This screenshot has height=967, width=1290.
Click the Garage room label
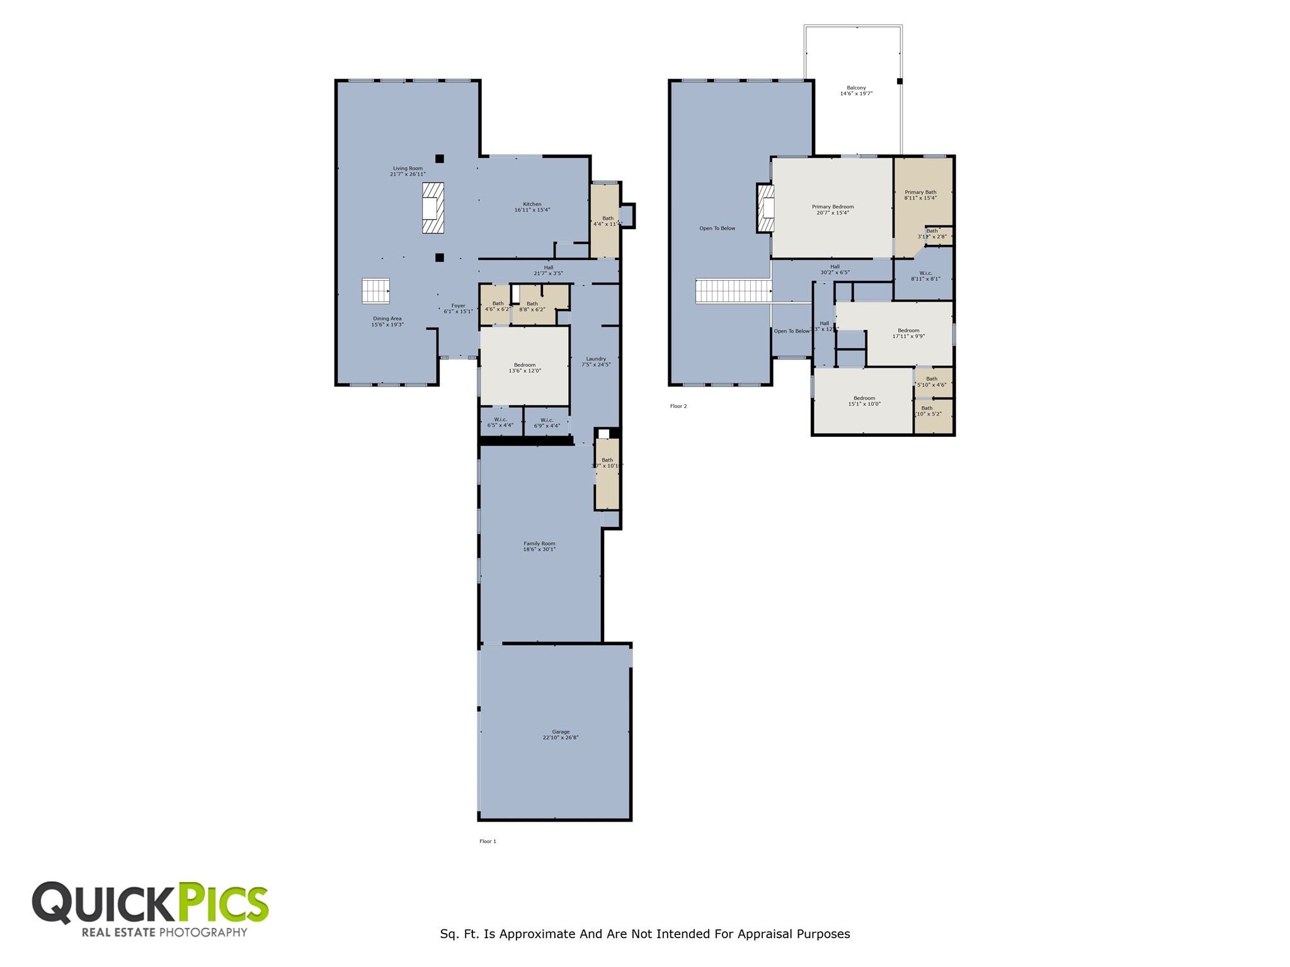coord(561,735)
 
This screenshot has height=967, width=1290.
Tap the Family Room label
coord(539,546)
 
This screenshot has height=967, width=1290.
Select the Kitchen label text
coord(532,207)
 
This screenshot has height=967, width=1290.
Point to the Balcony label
coord(856,91)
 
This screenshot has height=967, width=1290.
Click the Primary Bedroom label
coord(833,210)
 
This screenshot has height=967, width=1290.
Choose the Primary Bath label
coord(920,195)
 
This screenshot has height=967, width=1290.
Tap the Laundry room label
coord(596,361)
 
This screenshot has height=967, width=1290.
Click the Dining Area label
coord(387,321)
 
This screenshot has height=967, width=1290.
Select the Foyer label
coord(458,308)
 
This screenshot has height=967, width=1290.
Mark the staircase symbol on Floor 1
coord(375,291)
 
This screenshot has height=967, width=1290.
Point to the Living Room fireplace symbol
coord(433,208)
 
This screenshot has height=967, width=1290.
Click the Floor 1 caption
coord(488,841)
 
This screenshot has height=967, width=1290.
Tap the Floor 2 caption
coord(678,406)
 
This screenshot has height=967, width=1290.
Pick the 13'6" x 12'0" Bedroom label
coord(525,368)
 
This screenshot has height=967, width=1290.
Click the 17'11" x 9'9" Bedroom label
coord(908,333)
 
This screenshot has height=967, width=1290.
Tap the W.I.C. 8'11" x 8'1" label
coord(925,276)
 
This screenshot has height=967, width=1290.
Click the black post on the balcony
coord(899,81)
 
